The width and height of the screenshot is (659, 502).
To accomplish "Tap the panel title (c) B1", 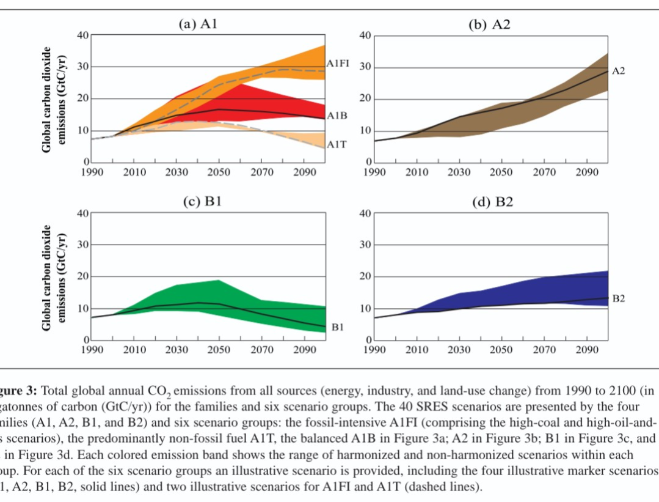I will [x=202, y=202].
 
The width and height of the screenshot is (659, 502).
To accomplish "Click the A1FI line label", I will [x=338, y=64].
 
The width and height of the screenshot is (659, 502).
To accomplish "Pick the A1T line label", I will [x=337, y=144].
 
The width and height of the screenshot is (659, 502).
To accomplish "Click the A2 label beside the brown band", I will [x=618, y=71].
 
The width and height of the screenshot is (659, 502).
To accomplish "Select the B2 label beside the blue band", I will [x=618, y=298].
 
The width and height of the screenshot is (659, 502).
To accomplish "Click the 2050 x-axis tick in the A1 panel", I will [x=219, y=172].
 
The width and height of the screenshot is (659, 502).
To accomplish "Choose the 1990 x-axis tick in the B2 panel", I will [x=374, y=350].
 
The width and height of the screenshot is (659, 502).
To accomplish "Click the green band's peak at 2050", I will [x=219, y=281].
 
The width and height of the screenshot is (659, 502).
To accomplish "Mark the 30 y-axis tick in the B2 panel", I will [x=365, y=245].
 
